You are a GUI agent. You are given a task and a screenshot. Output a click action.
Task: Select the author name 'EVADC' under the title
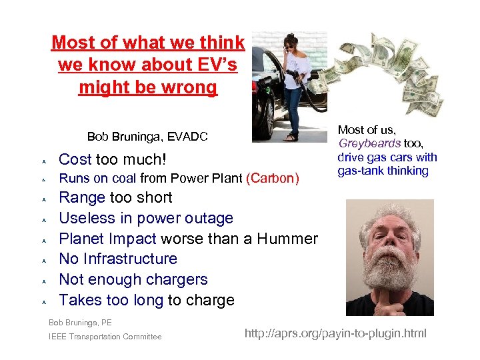187,137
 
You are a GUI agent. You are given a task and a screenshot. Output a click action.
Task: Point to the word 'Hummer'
285,239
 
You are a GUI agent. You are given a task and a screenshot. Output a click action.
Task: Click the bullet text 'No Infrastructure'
118,259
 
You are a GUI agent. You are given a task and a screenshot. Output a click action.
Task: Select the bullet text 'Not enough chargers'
133,279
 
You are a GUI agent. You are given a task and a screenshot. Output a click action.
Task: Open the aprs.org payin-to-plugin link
335,333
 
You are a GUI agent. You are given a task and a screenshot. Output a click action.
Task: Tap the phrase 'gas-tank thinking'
383,171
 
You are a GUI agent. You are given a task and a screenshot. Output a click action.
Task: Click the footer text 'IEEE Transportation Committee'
105,337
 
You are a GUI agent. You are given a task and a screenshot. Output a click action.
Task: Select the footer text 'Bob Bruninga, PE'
80,323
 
